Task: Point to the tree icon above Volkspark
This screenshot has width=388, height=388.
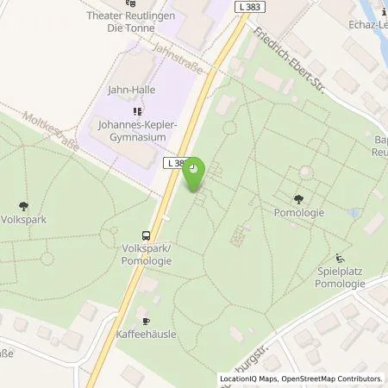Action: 23,206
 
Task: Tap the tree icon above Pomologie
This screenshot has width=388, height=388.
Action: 298,198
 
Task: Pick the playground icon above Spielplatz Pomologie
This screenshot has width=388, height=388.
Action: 339,258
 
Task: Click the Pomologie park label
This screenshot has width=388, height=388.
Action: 298,211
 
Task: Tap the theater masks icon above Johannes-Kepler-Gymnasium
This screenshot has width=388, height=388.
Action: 136,111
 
